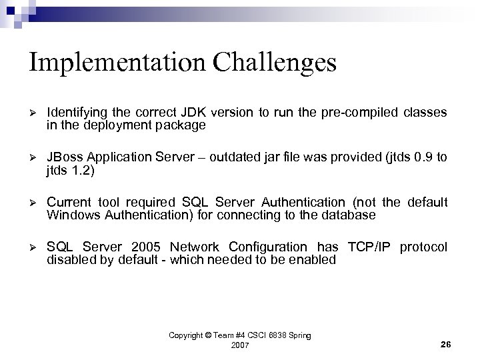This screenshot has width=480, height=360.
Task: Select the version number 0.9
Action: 417,157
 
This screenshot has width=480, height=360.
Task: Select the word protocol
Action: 424,248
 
